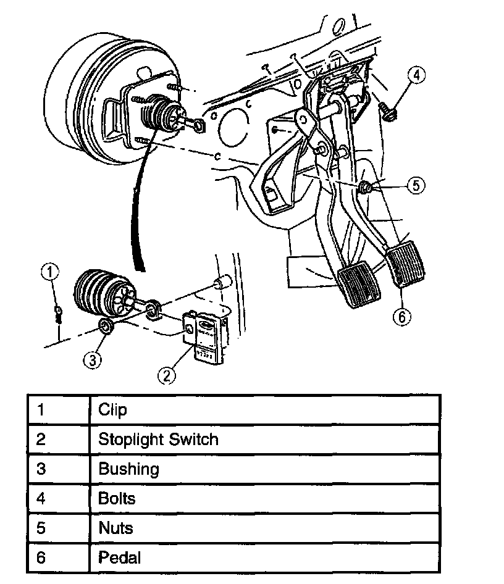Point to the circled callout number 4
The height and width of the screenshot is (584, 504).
[x=417, y=76]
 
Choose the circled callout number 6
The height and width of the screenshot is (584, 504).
[x=401, y=317]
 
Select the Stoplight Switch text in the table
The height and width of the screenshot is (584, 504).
[x=158, y=440]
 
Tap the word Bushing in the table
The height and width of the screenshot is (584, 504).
[x=128, y=469]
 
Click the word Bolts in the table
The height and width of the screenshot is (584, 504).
[x=117, y=498]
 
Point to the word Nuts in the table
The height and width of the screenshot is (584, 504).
[x=115, y=528]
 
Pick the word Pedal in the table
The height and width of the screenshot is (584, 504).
[x=119, y=557]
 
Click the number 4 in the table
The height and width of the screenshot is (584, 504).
[x=41, y=498]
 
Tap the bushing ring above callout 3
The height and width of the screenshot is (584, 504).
[x=106, y=327]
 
